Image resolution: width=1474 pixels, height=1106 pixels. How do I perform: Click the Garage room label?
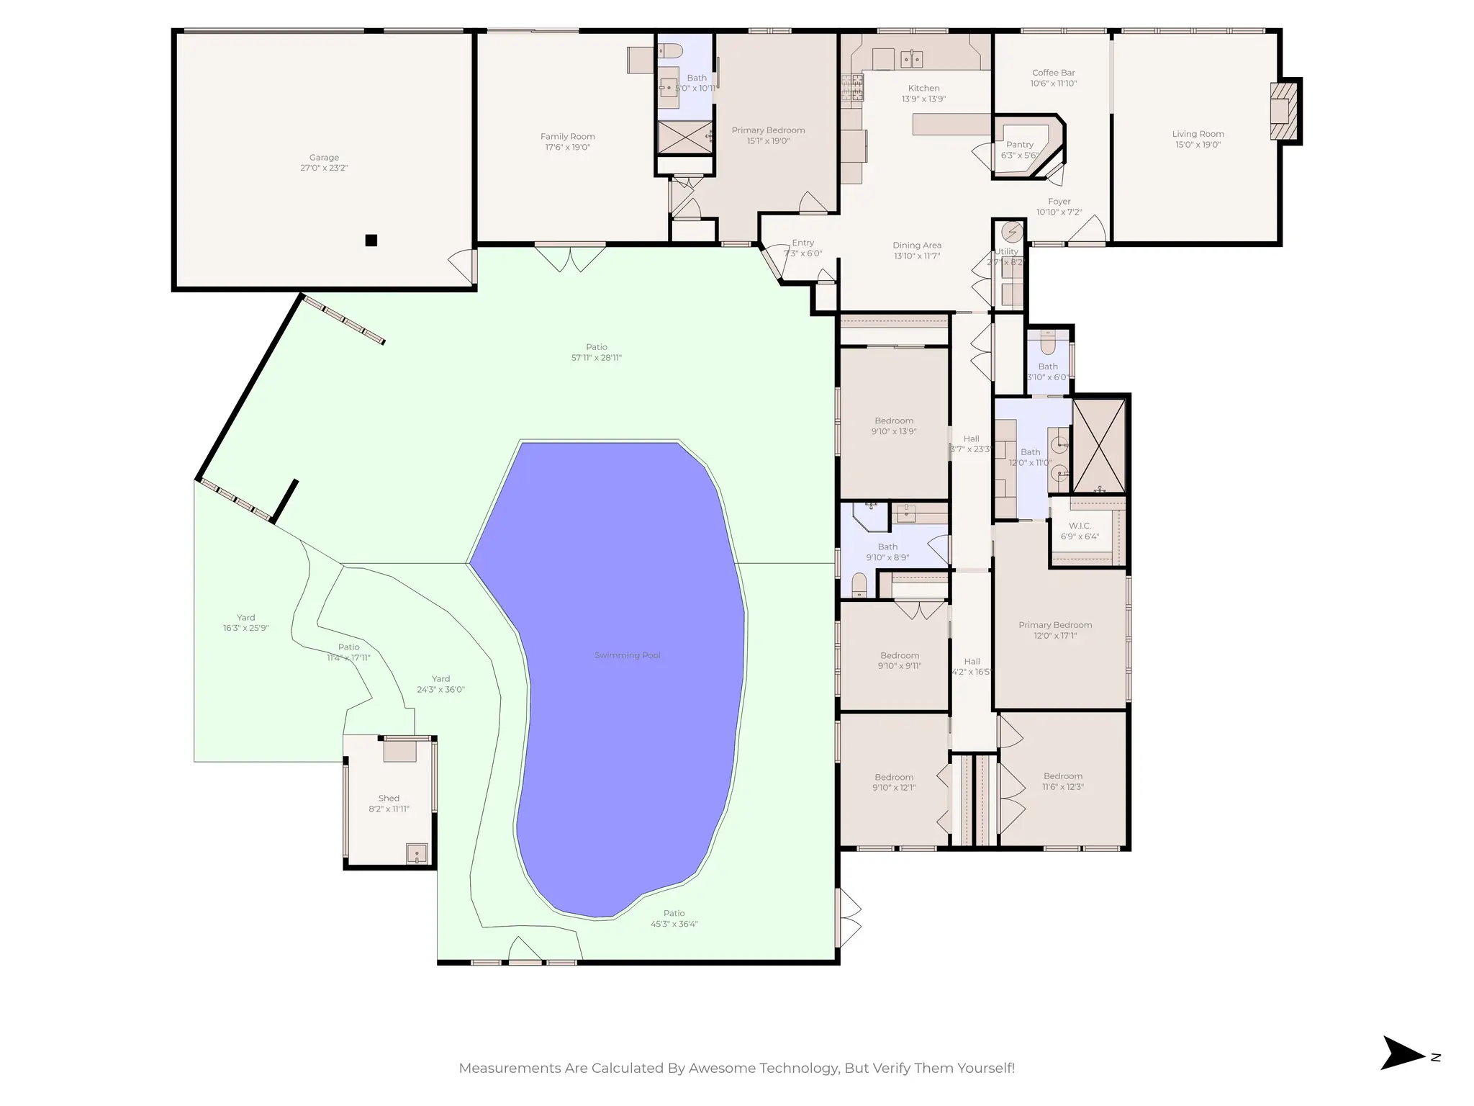click(x=324, y=157)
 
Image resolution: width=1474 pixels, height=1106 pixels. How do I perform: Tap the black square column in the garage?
click(x=371, y=240)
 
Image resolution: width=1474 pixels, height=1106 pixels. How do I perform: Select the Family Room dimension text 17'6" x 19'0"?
click(x=567, y=148)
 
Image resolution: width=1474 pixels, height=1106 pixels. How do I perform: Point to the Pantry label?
click(x=1019, y=145)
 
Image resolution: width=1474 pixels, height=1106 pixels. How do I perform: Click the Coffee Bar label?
click(x=1053, y=73)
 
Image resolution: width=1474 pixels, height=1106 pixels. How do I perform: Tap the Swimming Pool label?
click(x=627, y=655)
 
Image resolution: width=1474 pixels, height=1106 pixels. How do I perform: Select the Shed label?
click(x=389, y=798)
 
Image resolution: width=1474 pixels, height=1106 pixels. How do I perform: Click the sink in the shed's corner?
click(x=417, y=854)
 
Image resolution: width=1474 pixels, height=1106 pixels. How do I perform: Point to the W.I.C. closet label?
click(x=1080, y=526)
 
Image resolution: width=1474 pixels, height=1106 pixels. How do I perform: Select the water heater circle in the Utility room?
click(x=1012, y=232)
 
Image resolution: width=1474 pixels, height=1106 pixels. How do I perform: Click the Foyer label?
click(x=1059, y=202)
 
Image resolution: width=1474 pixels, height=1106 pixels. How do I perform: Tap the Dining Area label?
click(x=917, y=246)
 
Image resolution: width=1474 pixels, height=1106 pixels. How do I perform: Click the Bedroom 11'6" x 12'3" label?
click(x=1063, y=776)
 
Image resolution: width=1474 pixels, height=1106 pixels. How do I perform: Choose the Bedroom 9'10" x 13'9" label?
click(x=894, y=421)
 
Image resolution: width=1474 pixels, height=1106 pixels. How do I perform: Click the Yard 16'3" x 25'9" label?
click(x=245, y=618)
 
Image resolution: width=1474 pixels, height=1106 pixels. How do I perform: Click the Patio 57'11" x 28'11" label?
click(x=596, y=347)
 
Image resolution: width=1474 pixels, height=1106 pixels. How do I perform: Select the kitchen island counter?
click(x=951, y=124)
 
